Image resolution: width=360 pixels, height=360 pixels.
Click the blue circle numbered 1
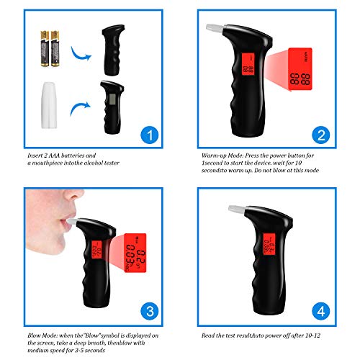148,135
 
